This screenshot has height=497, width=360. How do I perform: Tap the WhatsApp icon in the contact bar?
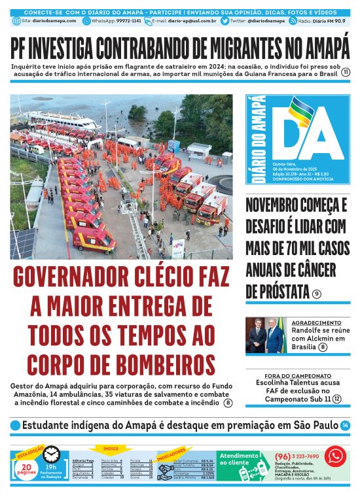point(86,21)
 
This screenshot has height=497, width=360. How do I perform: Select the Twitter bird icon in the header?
point(225,21)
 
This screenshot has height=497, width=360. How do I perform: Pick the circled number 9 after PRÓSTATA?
point(317,294)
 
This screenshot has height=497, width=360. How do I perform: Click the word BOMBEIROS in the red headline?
point(159,364)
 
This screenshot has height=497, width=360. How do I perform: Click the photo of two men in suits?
point(265,335)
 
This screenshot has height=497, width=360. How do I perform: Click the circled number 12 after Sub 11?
point(336,399)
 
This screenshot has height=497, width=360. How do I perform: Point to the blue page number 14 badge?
point(345,426)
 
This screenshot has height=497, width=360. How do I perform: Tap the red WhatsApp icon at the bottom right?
point(335,456)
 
